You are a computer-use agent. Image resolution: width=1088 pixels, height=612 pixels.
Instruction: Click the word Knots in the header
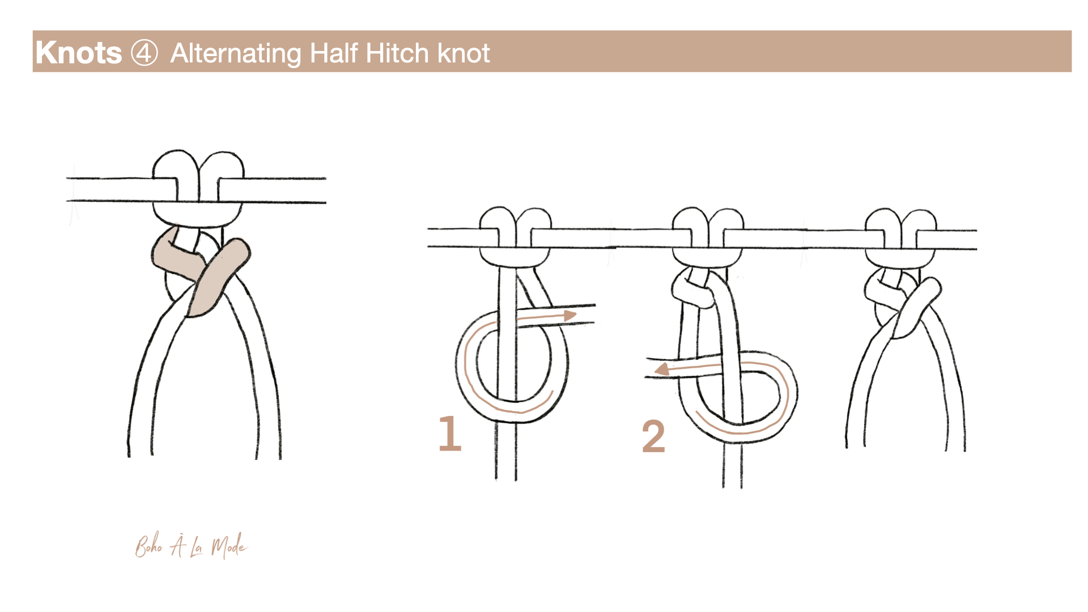coord(78,53)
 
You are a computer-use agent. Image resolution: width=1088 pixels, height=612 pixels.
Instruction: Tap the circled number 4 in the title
coord(144,53)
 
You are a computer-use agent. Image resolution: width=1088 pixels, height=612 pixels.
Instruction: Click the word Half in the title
coord(334,53)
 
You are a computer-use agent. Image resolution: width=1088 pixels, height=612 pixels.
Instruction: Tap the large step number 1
coord(450,433)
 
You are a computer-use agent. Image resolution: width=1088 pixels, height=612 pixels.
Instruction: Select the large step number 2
coord(653,436)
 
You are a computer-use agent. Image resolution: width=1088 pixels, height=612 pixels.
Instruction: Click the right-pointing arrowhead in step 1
coord(569,315)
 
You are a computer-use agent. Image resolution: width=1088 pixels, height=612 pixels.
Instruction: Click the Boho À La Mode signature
coord(191,546)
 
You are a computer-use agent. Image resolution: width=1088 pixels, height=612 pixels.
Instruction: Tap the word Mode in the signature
coord(229,546)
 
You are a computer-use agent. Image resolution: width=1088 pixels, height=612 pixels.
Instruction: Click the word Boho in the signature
coord(149,546)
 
